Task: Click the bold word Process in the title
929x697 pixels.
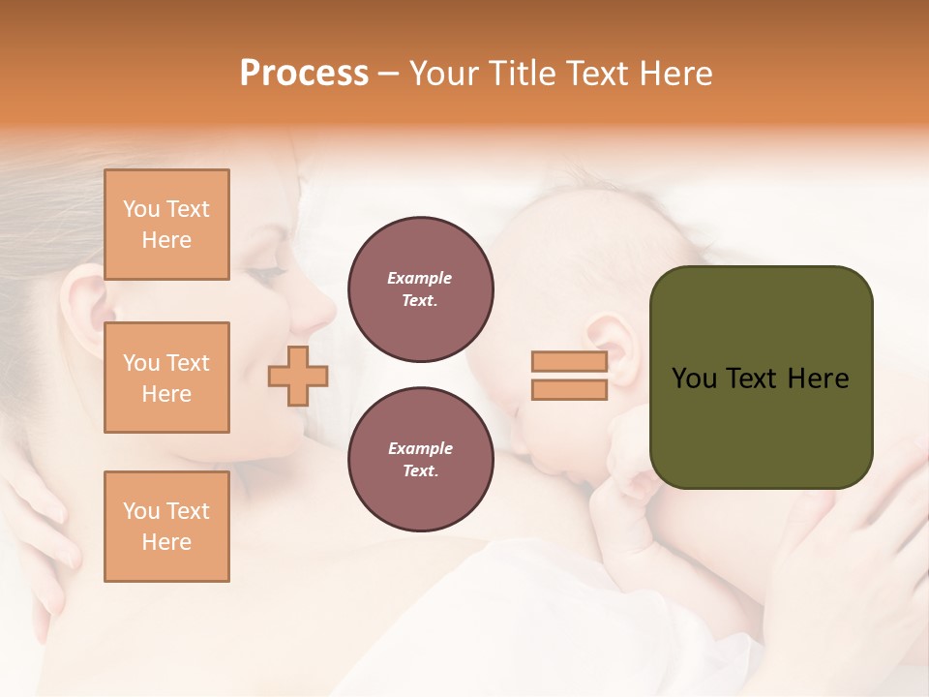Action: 304,74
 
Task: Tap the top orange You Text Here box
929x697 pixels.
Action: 166,225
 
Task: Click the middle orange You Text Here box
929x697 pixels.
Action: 166,378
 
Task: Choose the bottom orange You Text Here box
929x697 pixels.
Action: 166,527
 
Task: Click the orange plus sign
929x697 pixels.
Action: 298,376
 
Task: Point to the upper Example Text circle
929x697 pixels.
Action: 420,289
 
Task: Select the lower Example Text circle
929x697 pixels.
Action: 420,460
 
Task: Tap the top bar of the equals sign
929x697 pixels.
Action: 569,362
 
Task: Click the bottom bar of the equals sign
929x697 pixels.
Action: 569,389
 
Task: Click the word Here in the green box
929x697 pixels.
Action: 820,379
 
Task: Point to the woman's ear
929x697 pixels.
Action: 85,300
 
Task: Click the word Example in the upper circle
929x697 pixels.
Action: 420,279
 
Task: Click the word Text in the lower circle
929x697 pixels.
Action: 420,471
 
